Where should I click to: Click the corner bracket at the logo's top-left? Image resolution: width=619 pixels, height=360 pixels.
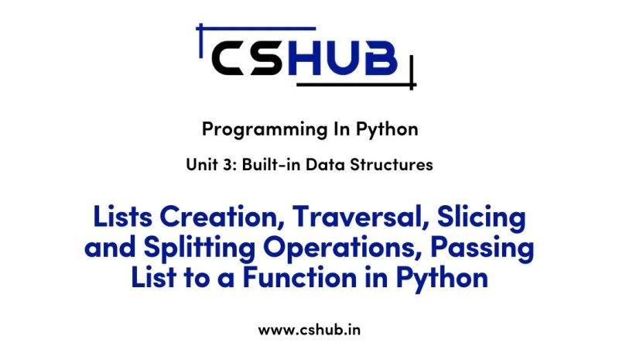coord(203,33)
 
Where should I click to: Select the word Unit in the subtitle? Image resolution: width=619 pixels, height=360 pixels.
coord(201,165)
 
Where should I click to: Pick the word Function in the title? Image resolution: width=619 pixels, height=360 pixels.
coord(309,276)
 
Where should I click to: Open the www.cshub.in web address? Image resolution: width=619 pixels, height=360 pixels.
coord(309,329)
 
